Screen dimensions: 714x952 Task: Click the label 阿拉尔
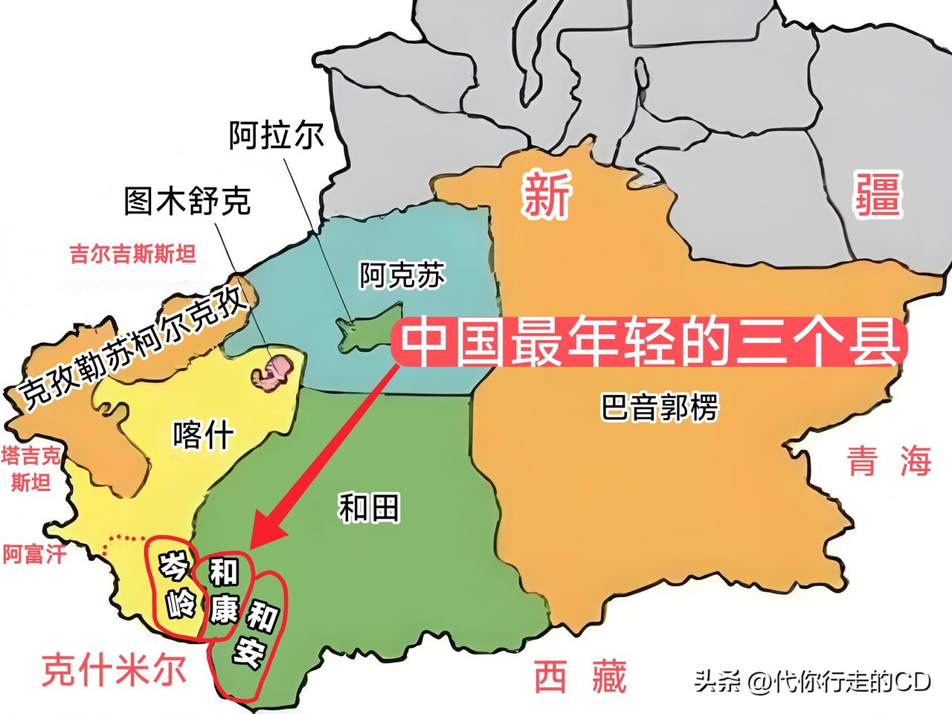click(x=275, y=136)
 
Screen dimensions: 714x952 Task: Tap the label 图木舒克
click(x=187, y=199)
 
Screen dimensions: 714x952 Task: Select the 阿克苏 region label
click(x=402, y=276)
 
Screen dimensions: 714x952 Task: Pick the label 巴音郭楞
click(x=659, y=408)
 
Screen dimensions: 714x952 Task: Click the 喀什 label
click(x=203, y=434)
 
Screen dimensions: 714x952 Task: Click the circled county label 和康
click(x=223, y=596)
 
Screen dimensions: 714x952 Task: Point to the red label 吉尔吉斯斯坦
click(x=133, y=255)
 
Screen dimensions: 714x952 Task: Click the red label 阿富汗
click(x=34, y=554)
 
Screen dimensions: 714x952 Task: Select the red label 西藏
click(x=581, y=677)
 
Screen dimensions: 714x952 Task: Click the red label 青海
click(x=890, y=461)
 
